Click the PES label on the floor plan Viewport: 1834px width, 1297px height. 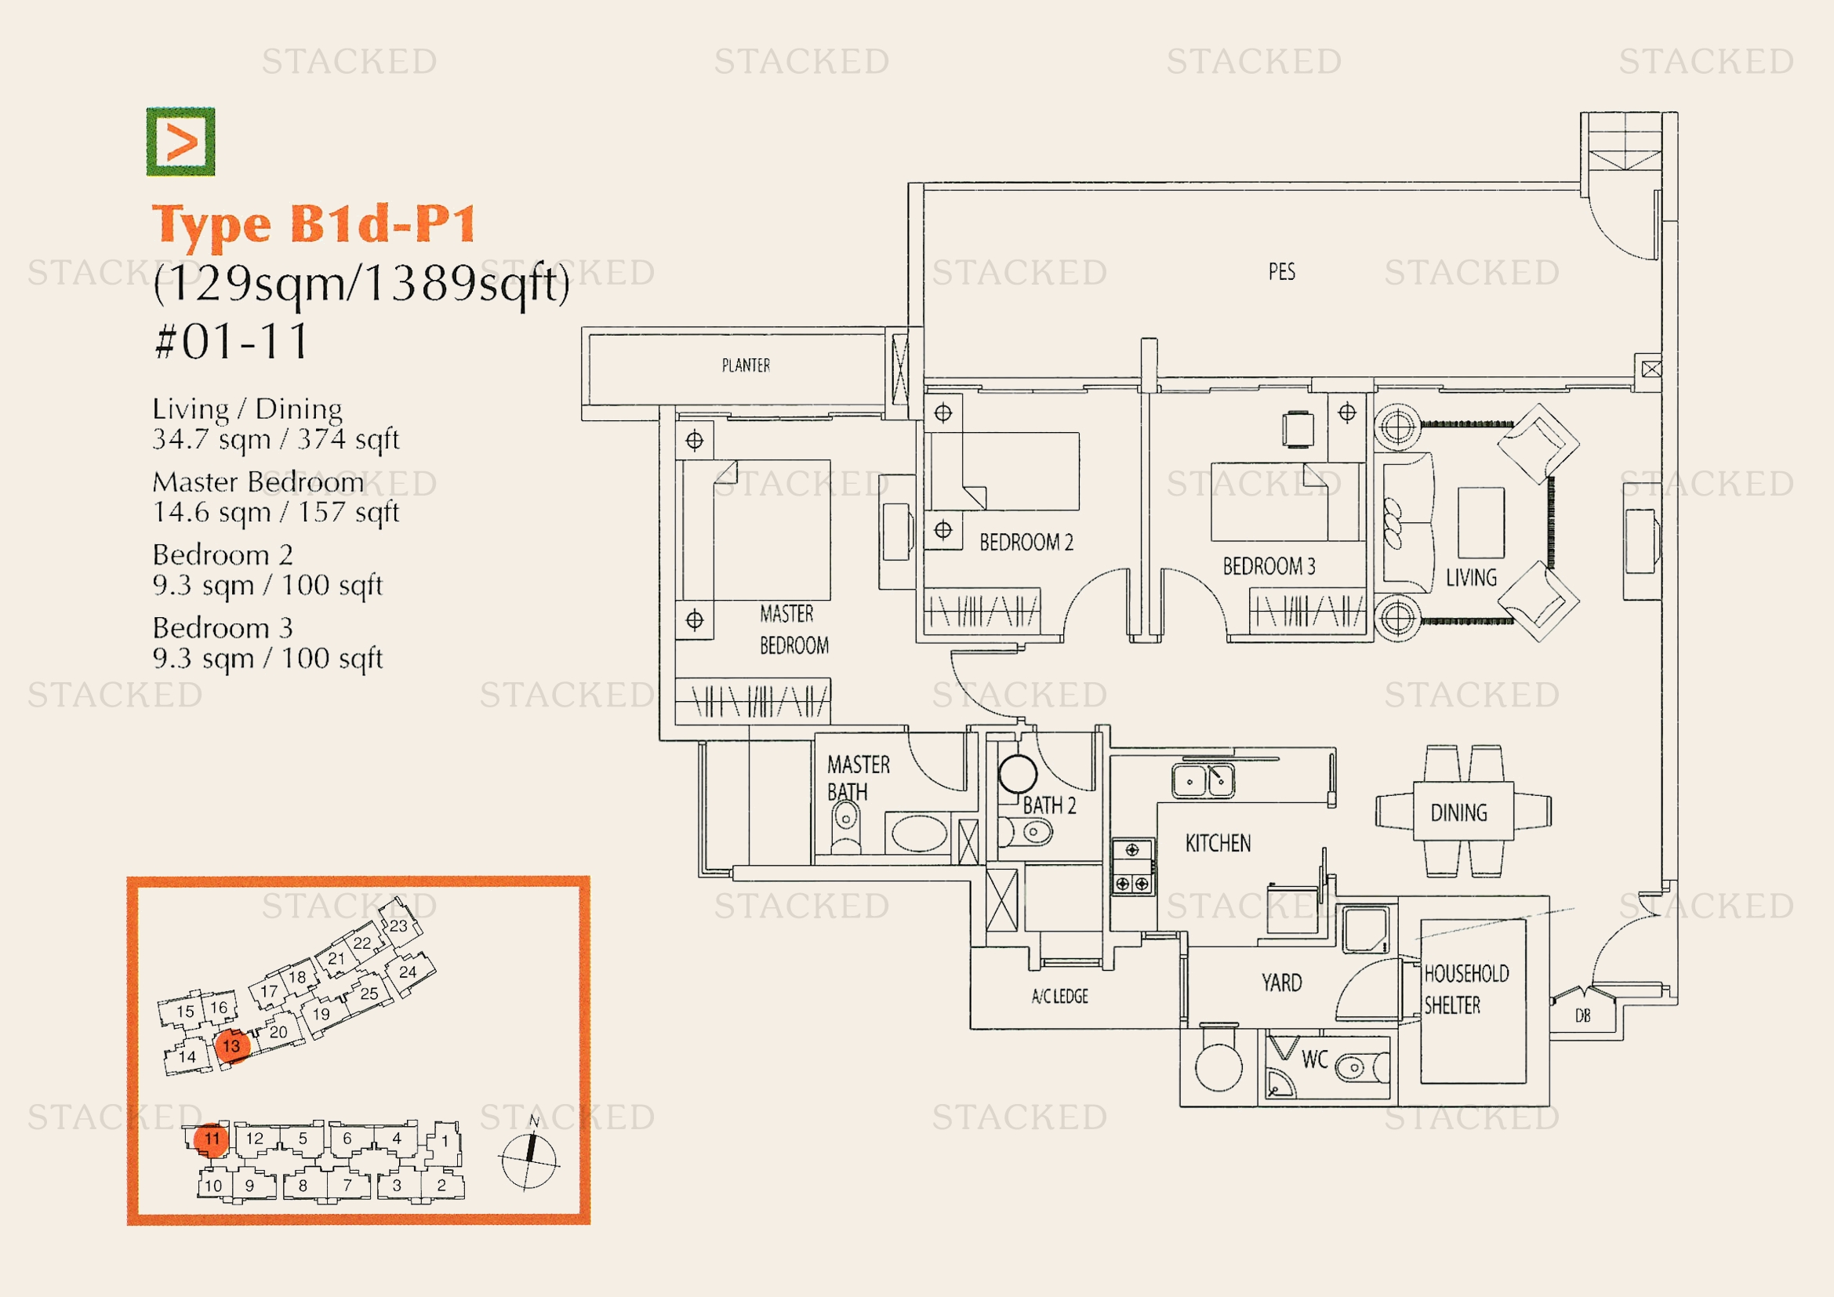[x=1281, y=271]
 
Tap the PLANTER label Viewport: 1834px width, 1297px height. [x=745, y=365]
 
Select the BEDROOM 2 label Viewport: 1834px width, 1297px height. [x=1026, y=543]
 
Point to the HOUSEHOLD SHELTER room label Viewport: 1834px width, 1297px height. [x=1465, y=989]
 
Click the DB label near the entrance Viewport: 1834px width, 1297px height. [x=1582, y=1015]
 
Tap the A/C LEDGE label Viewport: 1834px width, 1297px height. [x=1059, y=996]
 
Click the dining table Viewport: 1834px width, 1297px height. [x=1462, y=812]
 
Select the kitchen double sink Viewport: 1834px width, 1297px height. [x=1203, y=780]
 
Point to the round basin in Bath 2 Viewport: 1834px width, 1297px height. [x=1018, y=773]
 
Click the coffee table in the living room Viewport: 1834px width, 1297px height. [x=1481, y=522]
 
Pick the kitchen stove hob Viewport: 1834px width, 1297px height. [x=1133, y=866]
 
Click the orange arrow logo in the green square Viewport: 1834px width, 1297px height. [x=180, y=141]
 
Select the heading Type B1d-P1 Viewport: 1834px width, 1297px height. [x=314, y=223]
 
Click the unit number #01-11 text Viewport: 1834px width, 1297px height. [x=231, y=342]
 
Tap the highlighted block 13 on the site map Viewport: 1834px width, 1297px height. [x=231, y=1046]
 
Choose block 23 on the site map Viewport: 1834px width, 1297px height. [x=398, y=925]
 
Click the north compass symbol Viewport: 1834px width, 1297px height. [x=528, y=1158]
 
